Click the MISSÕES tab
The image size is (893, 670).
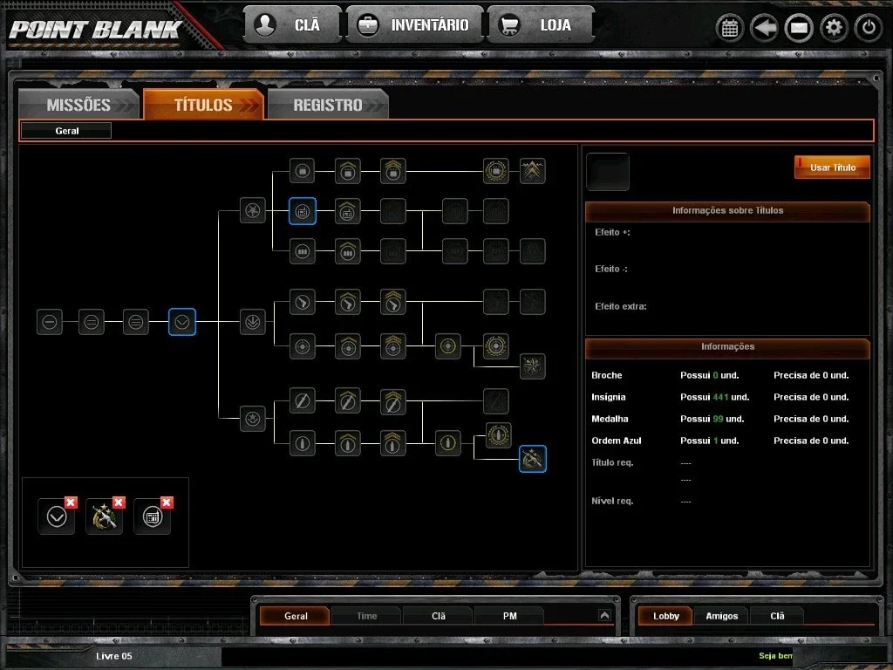[x=78, y=105]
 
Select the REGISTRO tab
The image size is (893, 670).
[x=328, y=105]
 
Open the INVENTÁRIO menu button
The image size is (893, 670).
[x=414, y=25]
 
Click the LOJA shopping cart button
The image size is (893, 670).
[x=540, y=25]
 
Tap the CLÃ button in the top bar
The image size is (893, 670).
[x=293, y=25]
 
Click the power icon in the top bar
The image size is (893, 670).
[x=869, y=27]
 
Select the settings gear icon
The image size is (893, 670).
[x=834, y=27]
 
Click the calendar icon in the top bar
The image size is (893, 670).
[x=730, y=27]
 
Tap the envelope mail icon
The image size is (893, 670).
[x=799, y=27]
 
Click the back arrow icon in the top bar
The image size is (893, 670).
[x=764, y=27]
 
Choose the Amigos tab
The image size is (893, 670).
[x=721, y=616]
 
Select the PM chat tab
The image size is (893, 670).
[x=509, y=616]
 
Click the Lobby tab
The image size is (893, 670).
[x=665, y=616]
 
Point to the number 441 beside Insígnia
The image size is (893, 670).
[x=720, y=397]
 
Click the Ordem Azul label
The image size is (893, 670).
[x=617, y=441]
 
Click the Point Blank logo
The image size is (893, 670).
[x=95, y=30]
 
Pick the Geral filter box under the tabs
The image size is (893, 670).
[x=66, y=131]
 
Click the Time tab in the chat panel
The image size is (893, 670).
[x=367, y=616]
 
